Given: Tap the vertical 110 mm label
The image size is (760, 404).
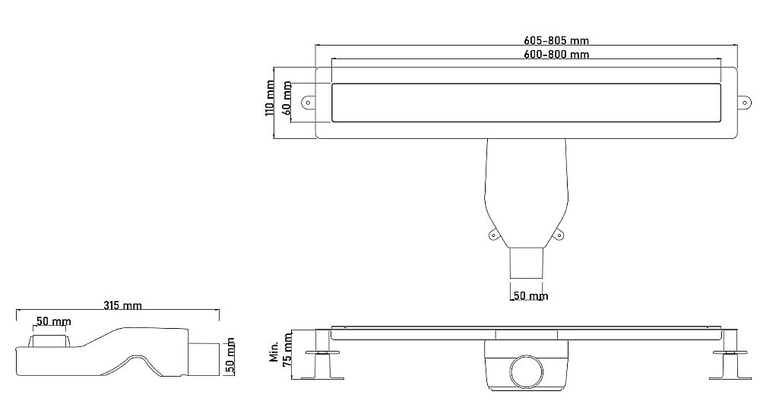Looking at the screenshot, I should [270, 98].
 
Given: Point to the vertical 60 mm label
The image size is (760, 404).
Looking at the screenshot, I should [287, 99].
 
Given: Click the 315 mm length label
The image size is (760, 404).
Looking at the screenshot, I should [122, 305].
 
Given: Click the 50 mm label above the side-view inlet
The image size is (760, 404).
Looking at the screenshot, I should [53, 322].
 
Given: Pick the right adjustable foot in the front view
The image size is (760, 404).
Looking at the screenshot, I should [727, 364].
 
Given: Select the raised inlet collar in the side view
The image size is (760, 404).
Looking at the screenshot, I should [49, 339].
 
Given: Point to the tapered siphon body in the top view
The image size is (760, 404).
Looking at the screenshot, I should [525, 190].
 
